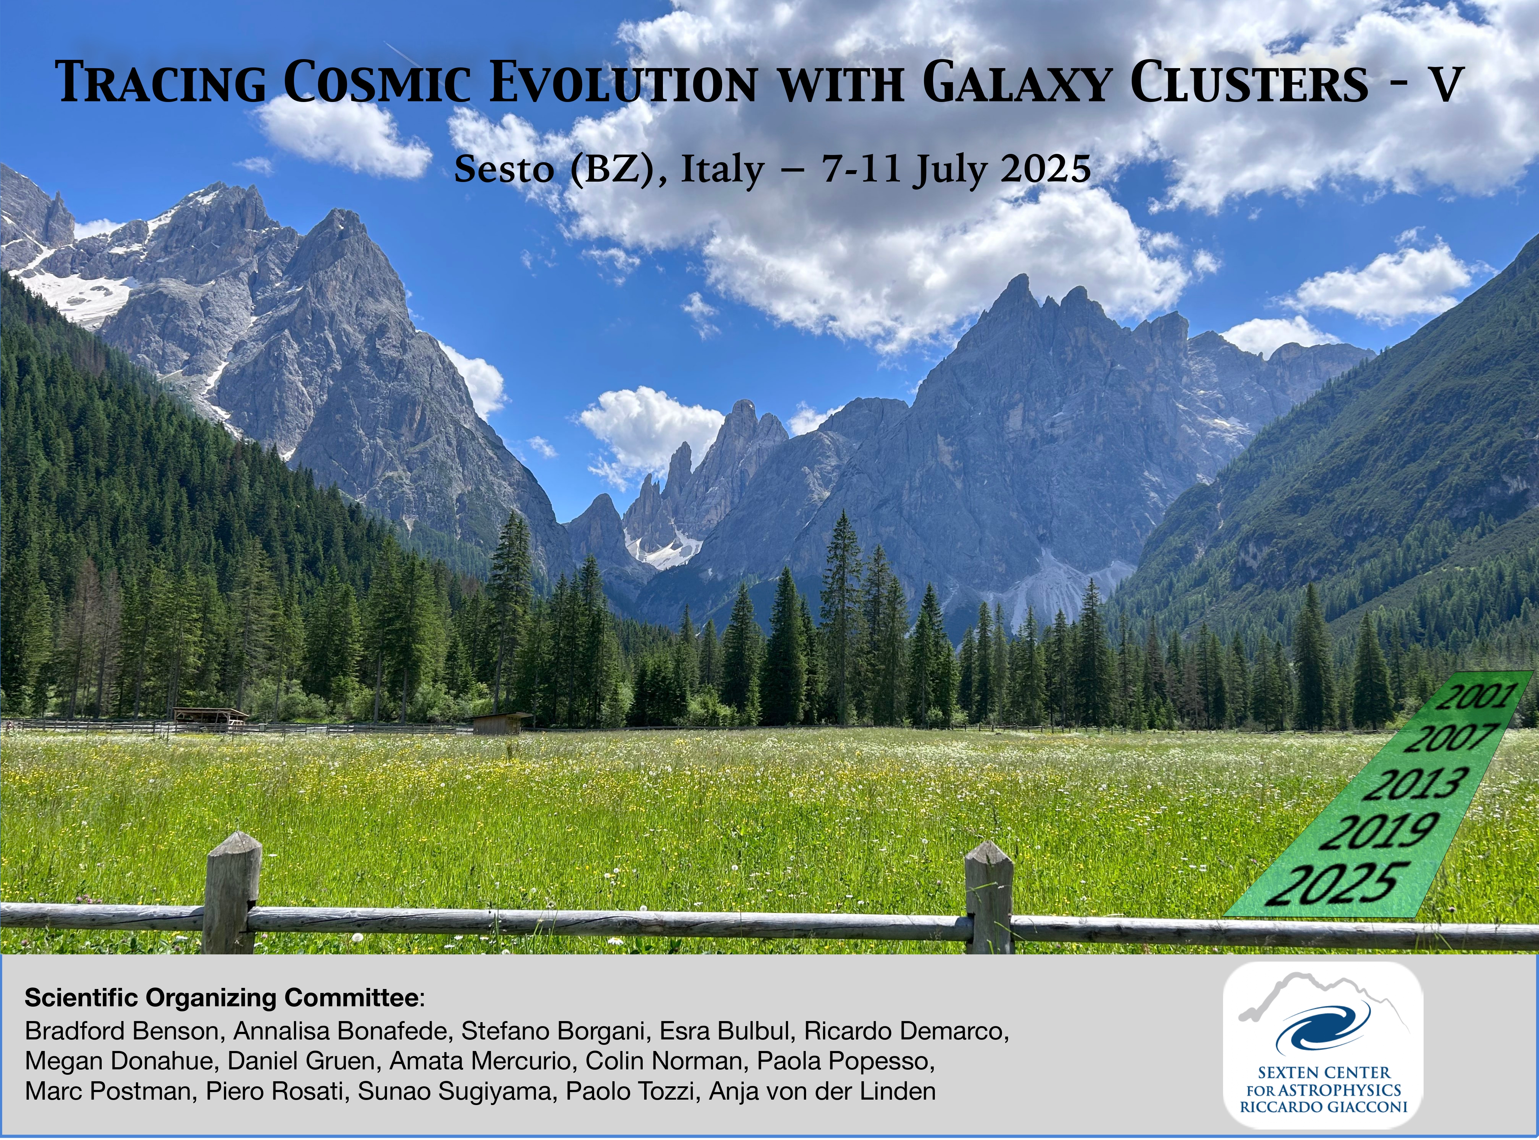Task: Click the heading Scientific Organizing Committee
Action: pos(221,998)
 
